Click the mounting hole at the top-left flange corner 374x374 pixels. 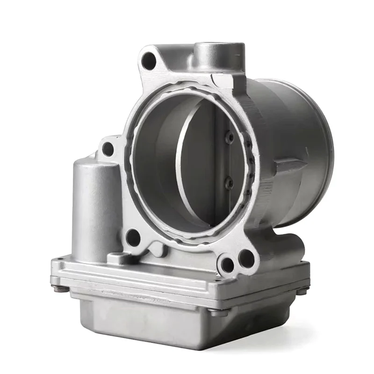pos(149,61)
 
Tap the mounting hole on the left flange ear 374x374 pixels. pos(108,149)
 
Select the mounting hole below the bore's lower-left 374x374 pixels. pos(133,237)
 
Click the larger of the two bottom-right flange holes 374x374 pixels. pos(246,258)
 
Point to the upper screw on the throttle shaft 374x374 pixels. pos(229,137)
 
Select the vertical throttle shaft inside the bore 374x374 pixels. pos(220,159)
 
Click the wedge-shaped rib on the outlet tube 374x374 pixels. pos(290,166)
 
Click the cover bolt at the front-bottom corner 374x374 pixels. pos(216,312)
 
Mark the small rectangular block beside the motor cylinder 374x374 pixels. pos(117,258)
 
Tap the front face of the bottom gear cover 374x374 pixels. pos(140,323)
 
